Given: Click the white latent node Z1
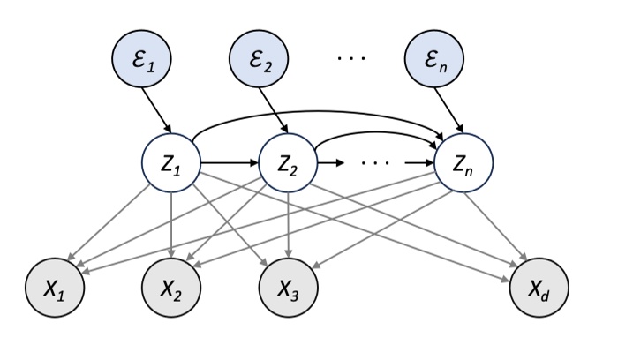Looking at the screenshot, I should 171,163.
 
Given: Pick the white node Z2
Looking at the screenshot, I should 289,163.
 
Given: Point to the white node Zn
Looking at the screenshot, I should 464,163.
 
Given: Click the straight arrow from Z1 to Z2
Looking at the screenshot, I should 230,163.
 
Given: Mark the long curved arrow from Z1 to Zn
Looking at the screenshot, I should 318,112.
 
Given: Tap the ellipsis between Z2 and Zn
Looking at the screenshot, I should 377,164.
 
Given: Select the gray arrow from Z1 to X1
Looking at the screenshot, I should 115,224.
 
